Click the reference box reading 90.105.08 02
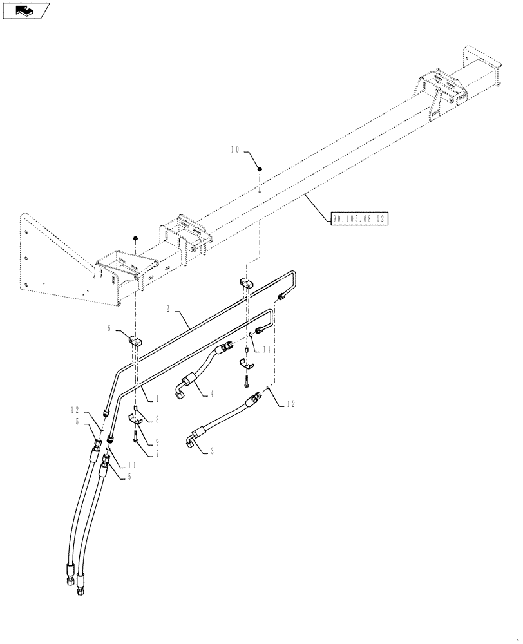pos(359,218)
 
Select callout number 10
pos(236,149)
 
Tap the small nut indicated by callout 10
pos(259,169)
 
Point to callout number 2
pos(169,310)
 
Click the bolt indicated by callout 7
pos(135,438)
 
